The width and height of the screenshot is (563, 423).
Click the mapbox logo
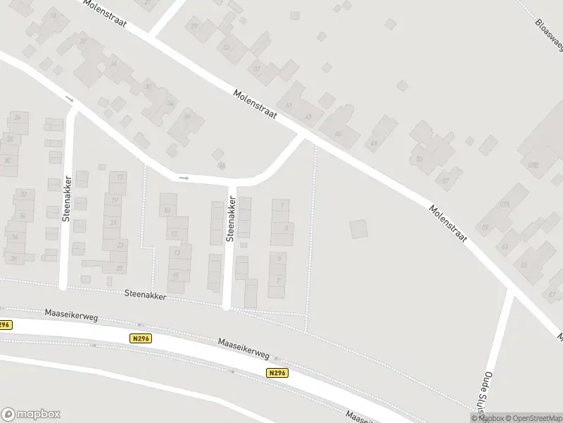tap(30, 414)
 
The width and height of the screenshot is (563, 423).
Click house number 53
tap(420, 159)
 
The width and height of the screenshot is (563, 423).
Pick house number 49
tap(374, 144)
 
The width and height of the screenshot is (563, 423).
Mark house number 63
tap(523, 265)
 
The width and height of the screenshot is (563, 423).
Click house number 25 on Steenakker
tap(120, 268)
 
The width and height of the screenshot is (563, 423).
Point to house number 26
tap(17, 117)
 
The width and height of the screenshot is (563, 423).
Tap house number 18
tap(53, 15)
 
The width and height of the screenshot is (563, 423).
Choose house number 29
tap(194, 26)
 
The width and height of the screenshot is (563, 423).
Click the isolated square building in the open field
tap(358, 228)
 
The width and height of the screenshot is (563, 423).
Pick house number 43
tap(308, 116)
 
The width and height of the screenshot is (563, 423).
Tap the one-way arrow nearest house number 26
tap(69, 99)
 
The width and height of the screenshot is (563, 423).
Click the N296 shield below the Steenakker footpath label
tap(141, 338)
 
